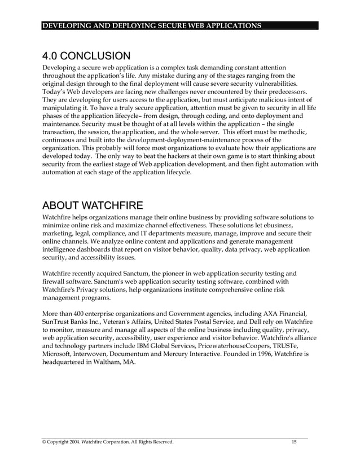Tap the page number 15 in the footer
coord(294,442)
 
